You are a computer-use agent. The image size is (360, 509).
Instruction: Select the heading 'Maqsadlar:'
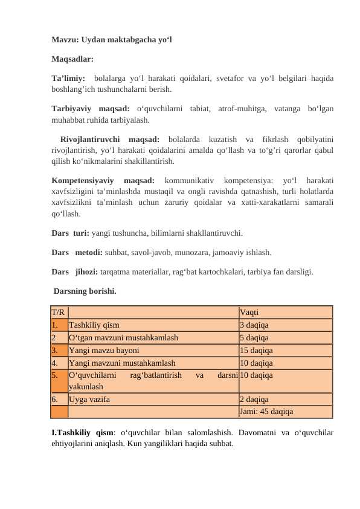coord(72,60)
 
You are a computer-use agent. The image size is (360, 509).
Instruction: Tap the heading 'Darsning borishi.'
coord(85,291)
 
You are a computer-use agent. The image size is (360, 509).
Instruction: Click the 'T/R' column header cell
coord(59,313)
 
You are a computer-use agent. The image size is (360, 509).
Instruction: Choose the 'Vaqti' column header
coord(249,313)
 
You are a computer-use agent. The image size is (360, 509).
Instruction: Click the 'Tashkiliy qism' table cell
coord(94,325)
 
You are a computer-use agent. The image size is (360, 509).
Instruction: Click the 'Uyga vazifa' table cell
coord(89,399)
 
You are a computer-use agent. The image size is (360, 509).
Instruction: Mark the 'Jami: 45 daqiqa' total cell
coord(266,412)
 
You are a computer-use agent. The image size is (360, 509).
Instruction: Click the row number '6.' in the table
coord(55,399)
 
